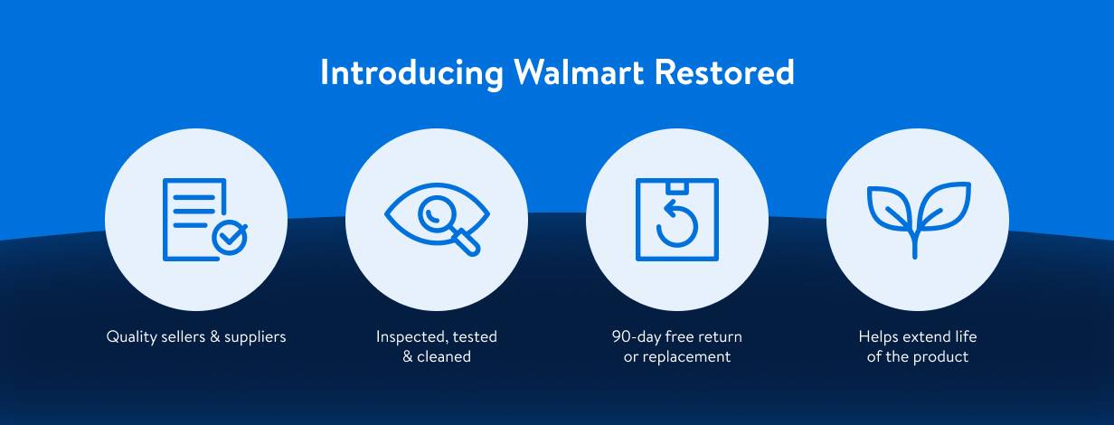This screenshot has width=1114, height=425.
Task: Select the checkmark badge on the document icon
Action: (x=230, y=237)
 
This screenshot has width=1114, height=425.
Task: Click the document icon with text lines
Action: (x=193, y=212)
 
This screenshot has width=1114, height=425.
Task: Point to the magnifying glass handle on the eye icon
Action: (x=466, y=242)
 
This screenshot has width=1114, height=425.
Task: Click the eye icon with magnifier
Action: (x=436, y=218)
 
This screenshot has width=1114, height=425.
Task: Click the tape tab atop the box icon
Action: (x=676, y=186)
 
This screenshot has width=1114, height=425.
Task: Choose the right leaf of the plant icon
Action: (x=944, y=207)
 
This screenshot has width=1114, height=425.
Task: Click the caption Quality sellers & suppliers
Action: (x=196, y=337)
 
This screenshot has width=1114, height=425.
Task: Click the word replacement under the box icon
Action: (x=687, y=357)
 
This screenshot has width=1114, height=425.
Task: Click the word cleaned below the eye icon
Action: (x=443, y=357)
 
